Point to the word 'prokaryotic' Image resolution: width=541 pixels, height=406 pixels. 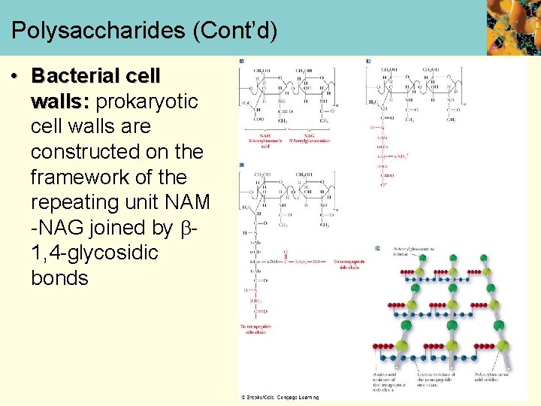(x=147, y=101)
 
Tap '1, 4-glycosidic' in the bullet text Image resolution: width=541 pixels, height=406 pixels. (x=95, y=253)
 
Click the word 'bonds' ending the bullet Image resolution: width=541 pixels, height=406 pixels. (x=59, y=278)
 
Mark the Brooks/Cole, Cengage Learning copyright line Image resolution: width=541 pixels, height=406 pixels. (x=280, y=397)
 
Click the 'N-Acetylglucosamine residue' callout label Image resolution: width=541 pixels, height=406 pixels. (x=412, y=251)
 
